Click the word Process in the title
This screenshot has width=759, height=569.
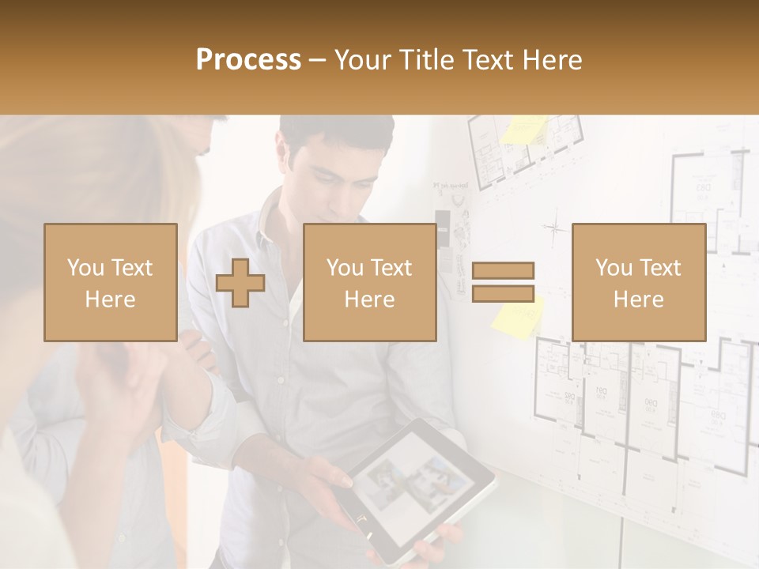pos(248,60)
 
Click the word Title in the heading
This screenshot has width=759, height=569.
pos(428,60)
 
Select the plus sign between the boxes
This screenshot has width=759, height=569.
pos(240,283)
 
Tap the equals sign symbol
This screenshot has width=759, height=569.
pos(503,282)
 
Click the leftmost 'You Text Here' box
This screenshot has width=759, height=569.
pos(111,282)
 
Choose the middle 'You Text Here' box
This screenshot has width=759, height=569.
pos(369,282)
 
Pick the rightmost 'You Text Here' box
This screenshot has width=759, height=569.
pos(638,282)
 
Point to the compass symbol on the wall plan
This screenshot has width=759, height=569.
pos(555,228)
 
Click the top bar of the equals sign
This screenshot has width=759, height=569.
pos(503,270)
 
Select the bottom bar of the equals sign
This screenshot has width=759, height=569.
pos(503,294)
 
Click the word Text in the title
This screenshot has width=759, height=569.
pos(489,60)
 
